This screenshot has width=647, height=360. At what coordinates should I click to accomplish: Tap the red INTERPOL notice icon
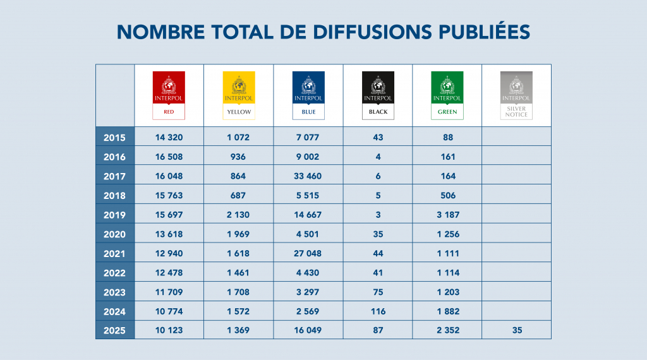pos(169,95)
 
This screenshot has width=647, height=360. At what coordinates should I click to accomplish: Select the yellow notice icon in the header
pos(238,95)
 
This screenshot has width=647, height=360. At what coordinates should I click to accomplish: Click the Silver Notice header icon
pos(516,95)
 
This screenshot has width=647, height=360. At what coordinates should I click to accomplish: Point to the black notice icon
pos(377,95)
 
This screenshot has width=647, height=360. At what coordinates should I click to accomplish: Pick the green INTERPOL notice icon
pos(447,95)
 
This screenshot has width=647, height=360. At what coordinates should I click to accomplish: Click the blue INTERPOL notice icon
pos(308,95)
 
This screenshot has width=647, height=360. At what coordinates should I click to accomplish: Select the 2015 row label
pos(114,137)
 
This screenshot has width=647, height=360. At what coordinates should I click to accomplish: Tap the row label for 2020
pos(114,234)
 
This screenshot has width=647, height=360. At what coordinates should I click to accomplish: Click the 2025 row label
pos(114,330)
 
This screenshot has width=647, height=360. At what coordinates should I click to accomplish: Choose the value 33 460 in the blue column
pos(308,176)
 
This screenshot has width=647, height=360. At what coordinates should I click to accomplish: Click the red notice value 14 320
pos(169,137)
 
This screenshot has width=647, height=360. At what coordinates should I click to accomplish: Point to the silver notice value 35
pos(516,330)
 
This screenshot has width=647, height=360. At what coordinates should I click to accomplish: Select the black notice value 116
pos(377,311)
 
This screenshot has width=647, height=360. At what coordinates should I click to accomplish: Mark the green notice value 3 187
pos(447,215)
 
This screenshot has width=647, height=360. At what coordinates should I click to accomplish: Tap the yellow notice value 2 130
pos(238,215)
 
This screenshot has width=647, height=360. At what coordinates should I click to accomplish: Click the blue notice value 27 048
pos(308,253)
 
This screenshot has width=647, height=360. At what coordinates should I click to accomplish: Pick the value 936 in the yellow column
pos(238,157)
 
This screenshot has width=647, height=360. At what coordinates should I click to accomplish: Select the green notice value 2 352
pos(447,330)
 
